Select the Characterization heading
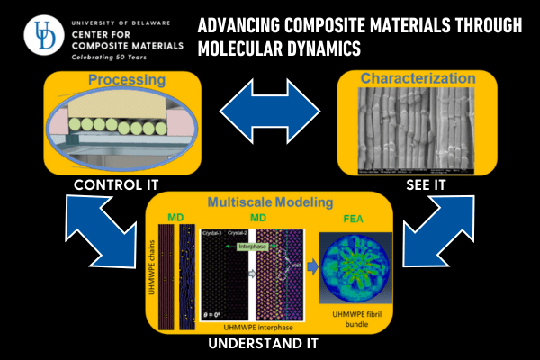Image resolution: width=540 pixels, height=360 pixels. tap(416, 78)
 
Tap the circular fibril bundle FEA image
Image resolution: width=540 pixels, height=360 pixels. tap(356, 267)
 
